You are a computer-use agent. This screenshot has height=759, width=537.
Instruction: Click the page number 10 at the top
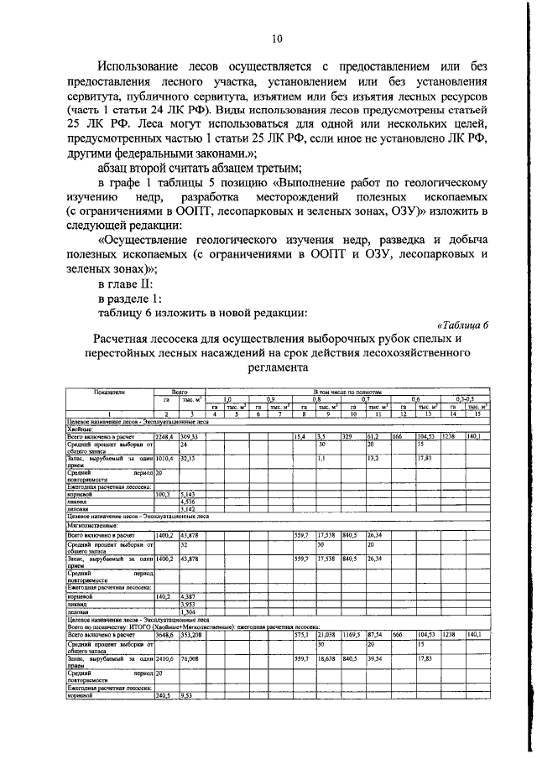point(278,38)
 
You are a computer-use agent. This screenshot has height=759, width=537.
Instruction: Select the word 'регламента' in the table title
point(278,367)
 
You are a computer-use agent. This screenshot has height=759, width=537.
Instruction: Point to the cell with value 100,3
point(165,495)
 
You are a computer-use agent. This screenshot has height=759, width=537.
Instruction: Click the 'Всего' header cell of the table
point(179,391)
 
